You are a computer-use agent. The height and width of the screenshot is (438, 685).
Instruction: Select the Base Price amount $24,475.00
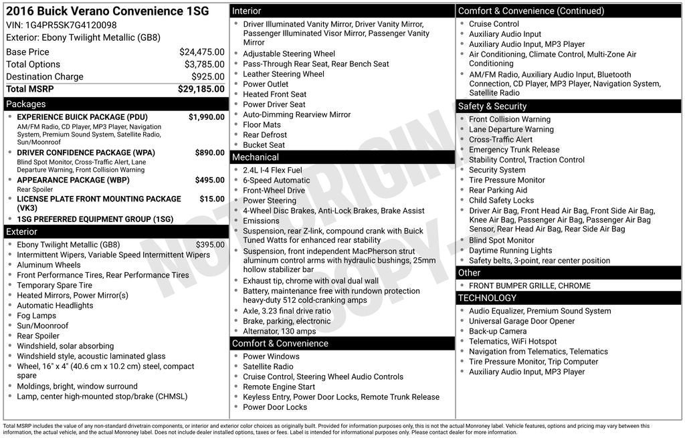click(201, 52)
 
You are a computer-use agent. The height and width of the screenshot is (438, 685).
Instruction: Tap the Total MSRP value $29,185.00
click(201, 89)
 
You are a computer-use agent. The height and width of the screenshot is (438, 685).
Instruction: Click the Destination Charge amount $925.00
click(207, 77)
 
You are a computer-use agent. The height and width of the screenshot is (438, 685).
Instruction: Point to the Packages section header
click(26, 104)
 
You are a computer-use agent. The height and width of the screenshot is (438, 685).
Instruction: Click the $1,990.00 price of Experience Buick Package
click(206, 117)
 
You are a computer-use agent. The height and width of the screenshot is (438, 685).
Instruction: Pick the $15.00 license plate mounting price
click(212, 199)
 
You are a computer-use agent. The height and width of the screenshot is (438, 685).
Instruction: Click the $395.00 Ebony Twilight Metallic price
click(210, 245)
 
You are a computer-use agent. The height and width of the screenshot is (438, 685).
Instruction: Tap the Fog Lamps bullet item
click(36, 316)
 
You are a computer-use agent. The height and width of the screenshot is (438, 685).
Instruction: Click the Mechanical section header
click(255, 157)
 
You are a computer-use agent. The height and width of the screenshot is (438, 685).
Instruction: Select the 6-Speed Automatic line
click(276, 181)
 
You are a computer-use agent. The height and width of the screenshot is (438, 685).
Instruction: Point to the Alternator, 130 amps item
click(279, 331)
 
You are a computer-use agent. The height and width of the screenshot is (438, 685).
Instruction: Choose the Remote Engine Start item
click(279, 387)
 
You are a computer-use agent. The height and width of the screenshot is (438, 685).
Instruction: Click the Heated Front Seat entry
click(274, 94)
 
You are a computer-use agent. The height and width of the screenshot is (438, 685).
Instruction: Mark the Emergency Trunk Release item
click(514, 150)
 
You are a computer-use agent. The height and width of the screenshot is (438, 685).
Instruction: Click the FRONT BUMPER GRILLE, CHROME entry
click(529, 286)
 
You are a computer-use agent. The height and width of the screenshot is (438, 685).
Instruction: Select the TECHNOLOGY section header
click(487, 298)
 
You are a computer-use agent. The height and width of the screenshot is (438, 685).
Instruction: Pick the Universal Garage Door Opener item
click(521, 321)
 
